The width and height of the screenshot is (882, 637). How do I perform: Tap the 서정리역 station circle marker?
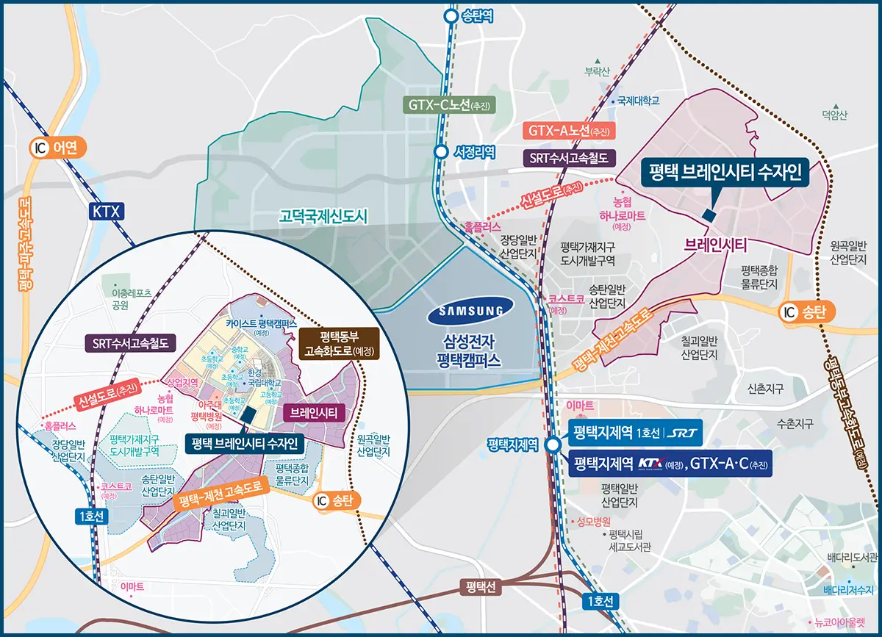pos(440,152)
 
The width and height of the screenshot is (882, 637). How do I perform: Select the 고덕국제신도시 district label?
pos(323,216)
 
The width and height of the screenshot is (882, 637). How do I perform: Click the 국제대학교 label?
pos(638,101)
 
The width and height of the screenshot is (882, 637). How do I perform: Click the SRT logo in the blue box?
pos(681,431)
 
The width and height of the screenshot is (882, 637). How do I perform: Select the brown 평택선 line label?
pos(482,587)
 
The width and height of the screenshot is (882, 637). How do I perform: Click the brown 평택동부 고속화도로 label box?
pos(338,344)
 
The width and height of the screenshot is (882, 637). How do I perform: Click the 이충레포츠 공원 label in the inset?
pos(126,298)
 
